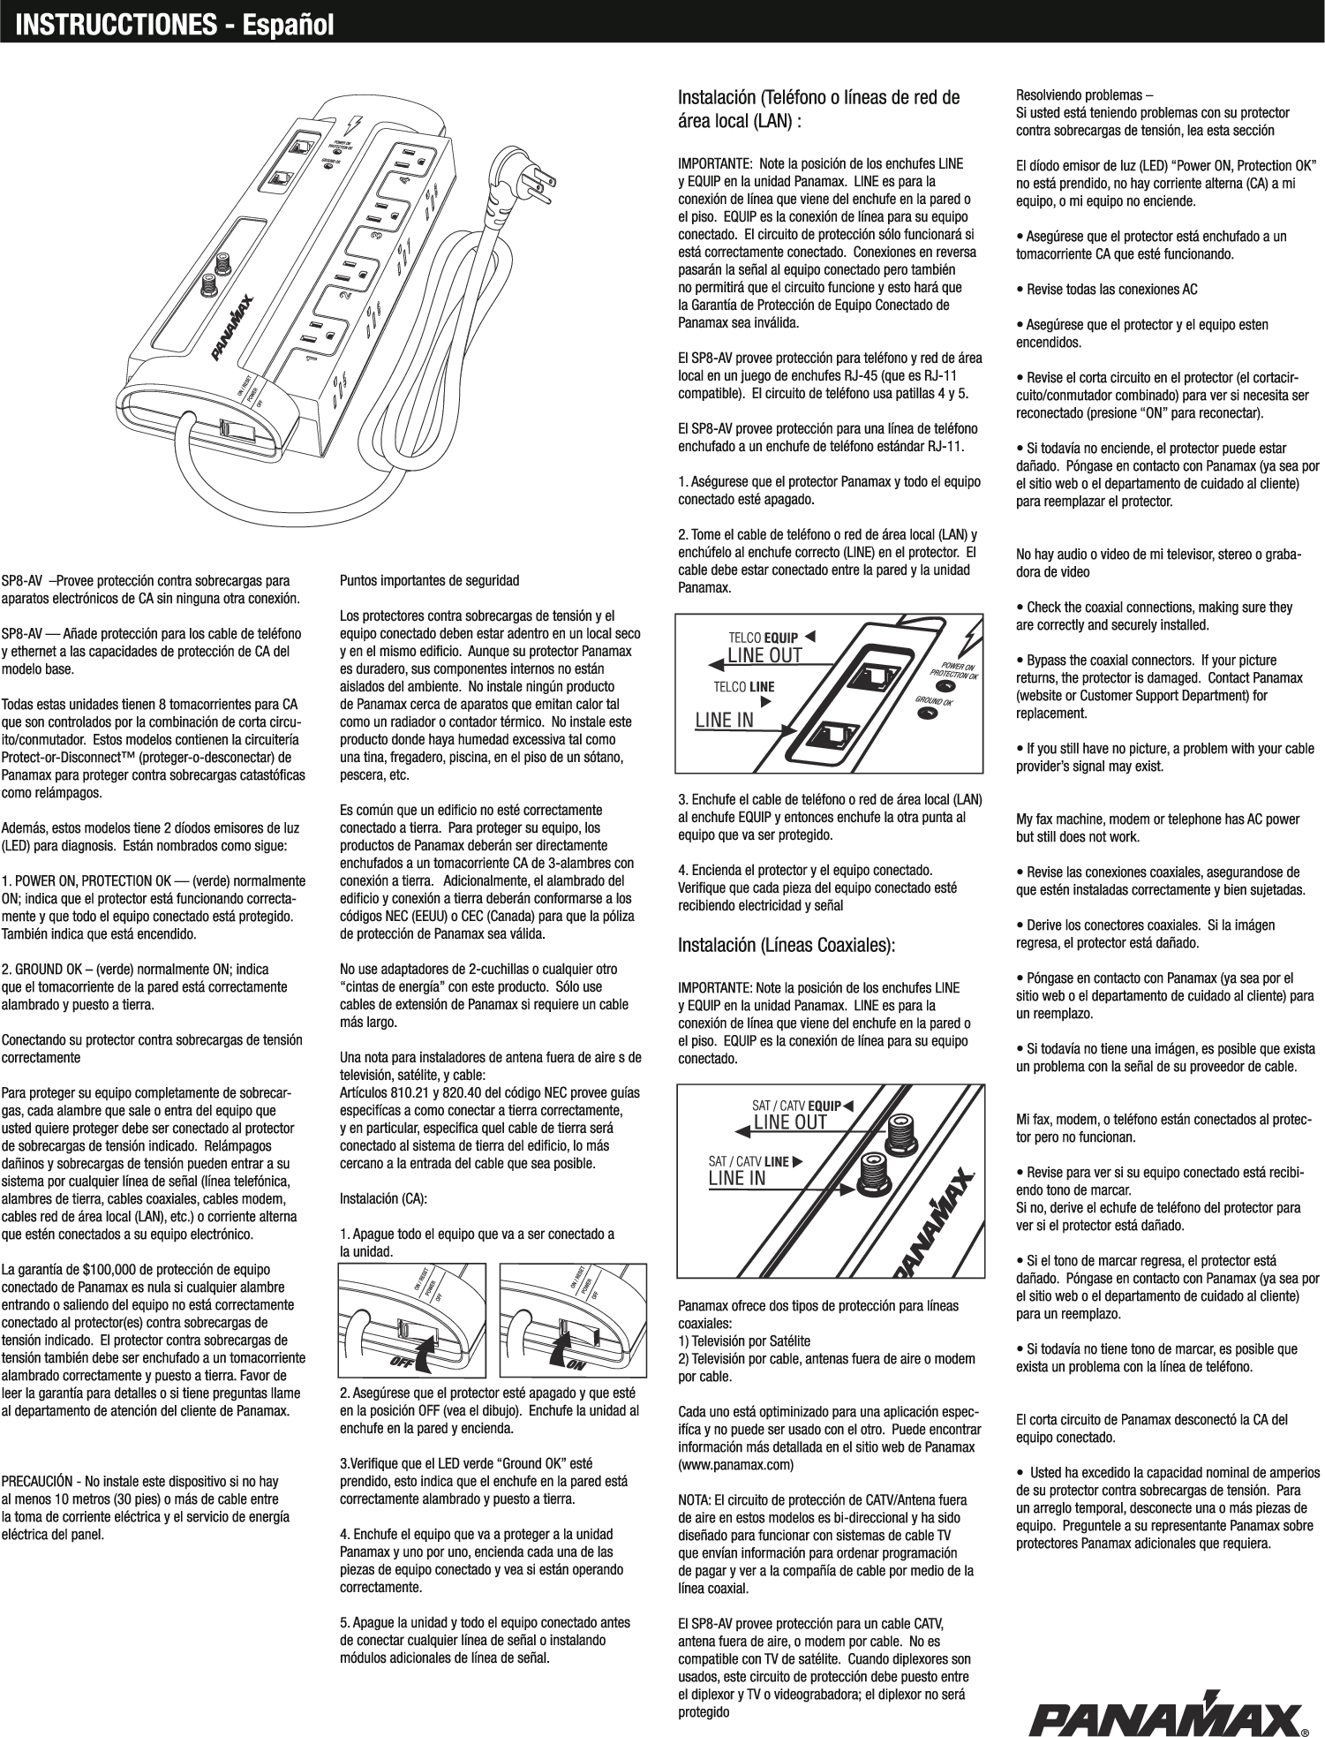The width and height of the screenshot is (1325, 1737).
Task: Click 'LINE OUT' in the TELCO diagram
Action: [764, 655]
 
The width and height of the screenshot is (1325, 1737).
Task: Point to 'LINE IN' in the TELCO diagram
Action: [724, 720]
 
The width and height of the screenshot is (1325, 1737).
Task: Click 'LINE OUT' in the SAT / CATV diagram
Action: [789, 1122]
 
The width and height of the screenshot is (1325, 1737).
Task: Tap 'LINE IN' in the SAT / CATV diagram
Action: [737, 1178]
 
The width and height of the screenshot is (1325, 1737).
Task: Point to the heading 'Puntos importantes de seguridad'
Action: [429, 582]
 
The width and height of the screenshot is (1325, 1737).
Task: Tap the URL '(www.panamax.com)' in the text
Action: [735, 1465]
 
